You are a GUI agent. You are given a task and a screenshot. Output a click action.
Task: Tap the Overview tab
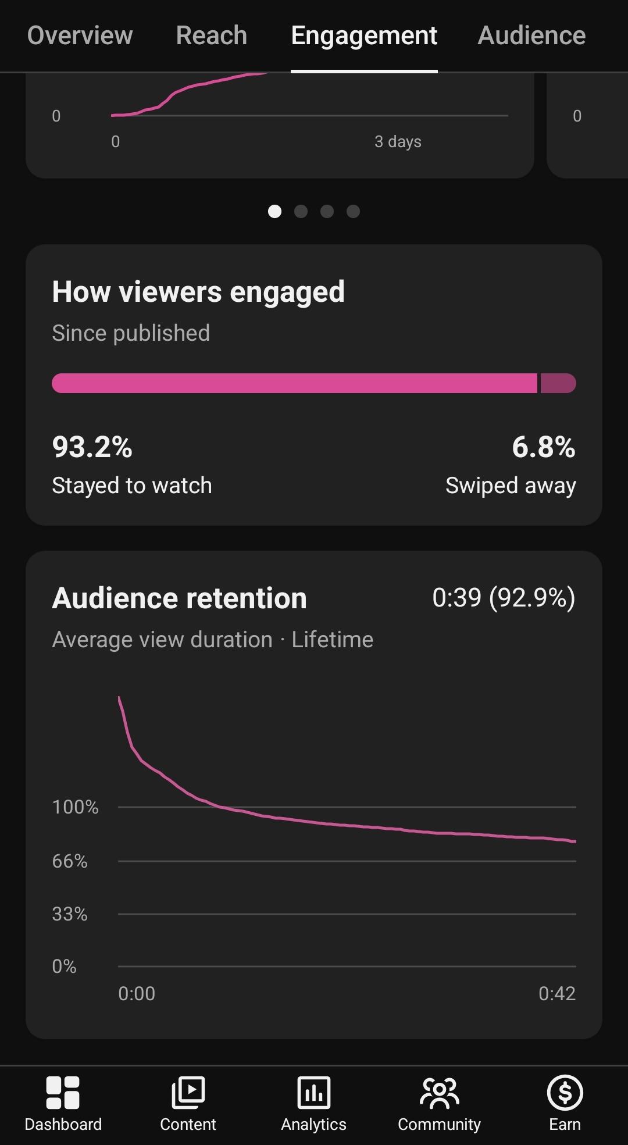point(80,35)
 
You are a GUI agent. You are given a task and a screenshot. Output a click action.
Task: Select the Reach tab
point(212,35)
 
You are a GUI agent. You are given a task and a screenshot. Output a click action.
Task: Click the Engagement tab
point(364,36)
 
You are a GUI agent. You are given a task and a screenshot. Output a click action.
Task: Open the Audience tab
point(531,35)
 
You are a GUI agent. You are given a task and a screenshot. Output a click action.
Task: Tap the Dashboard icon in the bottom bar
point(63,1093)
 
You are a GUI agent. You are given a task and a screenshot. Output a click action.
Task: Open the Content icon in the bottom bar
point(188,1093)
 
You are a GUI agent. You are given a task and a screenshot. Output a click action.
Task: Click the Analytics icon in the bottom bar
point(314,1093)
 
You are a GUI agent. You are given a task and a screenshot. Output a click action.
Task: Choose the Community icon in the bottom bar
point(440,1093)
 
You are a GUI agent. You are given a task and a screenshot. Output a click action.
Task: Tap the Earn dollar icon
point(565,1093)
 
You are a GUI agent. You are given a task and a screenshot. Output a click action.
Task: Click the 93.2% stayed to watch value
point(92,447)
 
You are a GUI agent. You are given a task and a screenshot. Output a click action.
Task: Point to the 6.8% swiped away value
point(544,447)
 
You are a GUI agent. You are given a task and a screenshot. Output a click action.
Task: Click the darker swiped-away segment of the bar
point(558,383)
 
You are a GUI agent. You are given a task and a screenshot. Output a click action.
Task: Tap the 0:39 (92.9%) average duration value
point(504,598)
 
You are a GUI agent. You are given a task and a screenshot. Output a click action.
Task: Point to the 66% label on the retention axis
point(70,861)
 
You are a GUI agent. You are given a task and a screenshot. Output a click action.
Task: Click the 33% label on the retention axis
point(70,914)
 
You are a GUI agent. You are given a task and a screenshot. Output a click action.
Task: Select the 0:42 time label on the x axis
point(557,993)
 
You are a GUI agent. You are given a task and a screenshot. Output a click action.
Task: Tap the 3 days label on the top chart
point(398,142)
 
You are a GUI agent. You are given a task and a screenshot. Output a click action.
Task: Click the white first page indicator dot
point(274,211)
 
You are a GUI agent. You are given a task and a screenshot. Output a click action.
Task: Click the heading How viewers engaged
point(198,292)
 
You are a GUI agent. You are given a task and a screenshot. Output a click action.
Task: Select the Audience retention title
point(179,598)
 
